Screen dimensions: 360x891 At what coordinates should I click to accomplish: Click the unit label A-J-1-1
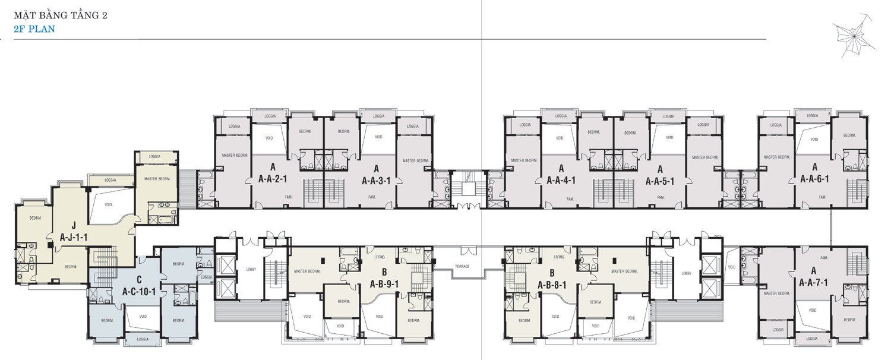tap(74, 236)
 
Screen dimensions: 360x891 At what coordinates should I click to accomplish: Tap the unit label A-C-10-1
tap(139, 292)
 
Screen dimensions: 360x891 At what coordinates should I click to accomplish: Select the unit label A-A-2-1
tap(273, 178)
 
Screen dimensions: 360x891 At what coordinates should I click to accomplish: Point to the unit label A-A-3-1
tap(375, 181)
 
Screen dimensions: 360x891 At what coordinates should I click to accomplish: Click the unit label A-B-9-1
tap(384, 283)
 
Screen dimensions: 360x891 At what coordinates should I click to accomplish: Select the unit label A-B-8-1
tap(552, 284)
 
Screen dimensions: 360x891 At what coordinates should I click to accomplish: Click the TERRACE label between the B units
tap(462, 266)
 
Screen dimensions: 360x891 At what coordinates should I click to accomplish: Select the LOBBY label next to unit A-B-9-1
tap(251, 269)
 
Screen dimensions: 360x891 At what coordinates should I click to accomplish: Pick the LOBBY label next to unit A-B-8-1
tap(686, 273)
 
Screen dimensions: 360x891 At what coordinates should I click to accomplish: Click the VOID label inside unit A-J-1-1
tap(108, 204)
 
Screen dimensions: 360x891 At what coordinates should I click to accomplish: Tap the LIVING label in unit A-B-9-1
tap(380, 257)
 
